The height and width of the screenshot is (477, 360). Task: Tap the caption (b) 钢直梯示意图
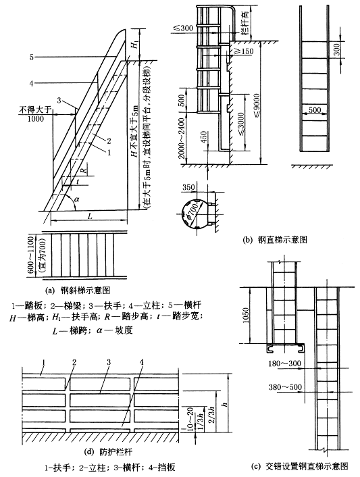275,240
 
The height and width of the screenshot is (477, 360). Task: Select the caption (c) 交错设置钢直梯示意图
299,466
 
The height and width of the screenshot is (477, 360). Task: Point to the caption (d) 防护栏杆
108,452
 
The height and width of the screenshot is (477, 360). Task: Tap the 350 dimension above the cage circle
188,187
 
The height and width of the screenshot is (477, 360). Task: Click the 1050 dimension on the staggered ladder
246,315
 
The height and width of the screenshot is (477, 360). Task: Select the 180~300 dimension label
284,363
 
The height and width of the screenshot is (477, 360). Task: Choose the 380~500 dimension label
285,387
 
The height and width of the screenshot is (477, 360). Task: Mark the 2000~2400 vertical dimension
182,138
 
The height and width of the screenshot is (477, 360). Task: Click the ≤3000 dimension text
240,126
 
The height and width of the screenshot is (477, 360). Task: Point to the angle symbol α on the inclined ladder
76,199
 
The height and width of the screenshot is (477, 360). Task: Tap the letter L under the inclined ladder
90,216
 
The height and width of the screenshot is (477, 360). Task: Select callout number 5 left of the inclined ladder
32,57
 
